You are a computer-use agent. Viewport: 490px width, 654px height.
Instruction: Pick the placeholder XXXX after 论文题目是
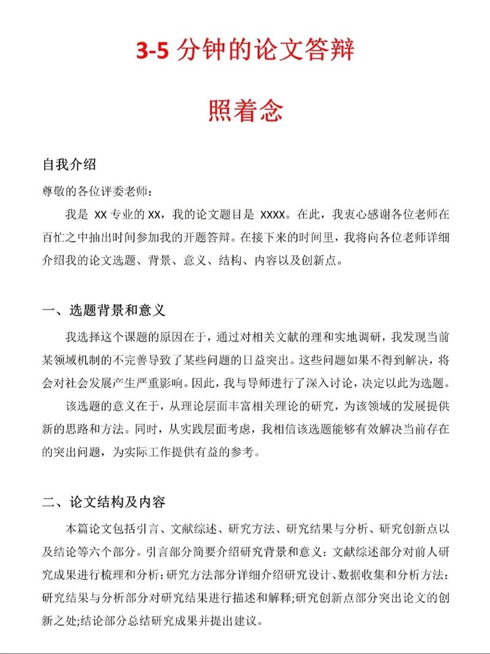tap(273, 215)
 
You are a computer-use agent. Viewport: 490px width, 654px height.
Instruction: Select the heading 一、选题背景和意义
tap(104, 310)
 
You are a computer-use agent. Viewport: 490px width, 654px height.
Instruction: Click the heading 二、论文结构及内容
tap(104, 502)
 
